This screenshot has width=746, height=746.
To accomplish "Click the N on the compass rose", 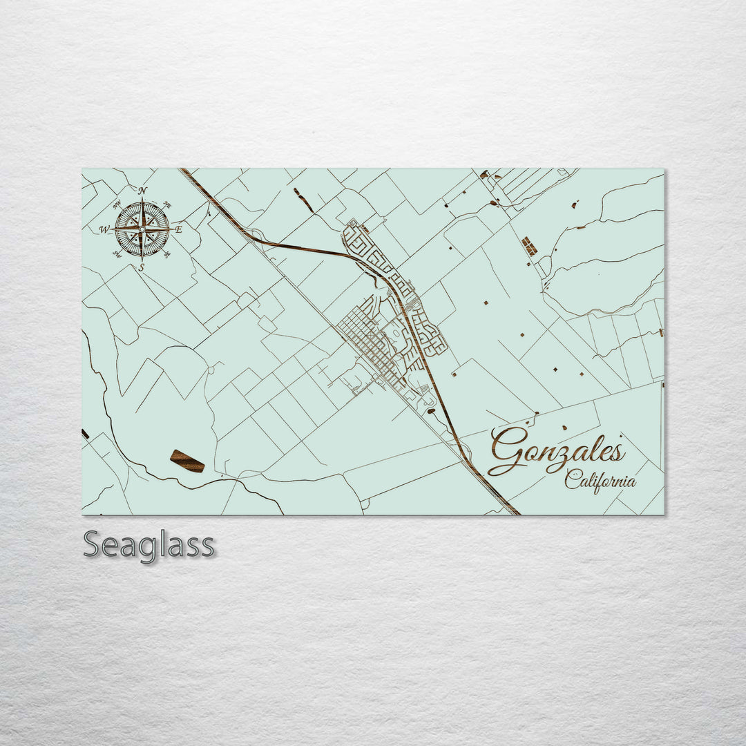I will click(142, 191).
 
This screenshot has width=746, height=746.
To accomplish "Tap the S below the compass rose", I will click(142, 267).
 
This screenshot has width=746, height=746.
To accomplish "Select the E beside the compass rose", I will click(179, 229).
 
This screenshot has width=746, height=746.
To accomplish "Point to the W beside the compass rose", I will click(105, 229).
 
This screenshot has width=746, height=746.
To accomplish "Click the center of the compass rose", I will click(142, 228).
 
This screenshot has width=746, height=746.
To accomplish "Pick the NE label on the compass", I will click(166, 205).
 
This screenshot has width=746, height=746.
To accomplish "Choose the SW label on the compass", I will click(117, 254).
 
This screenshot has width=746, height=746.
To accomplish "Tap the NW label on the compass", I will click(117, 204).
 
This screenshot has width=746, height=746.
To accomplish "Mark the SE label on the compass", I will click(167, 254).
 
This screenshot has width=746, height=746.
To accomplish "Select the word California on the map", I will click(600, 480).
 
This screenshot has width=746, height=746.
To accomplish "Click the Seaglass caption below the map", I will click(149, 545).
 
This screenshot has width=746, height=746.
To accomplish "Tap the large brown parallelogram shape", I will click(187, 461).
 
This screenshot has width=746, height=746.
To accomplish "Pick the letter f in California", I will click(603, 480).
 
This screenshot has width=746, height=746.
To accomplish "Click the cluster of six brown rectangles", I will click(529, 246).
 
